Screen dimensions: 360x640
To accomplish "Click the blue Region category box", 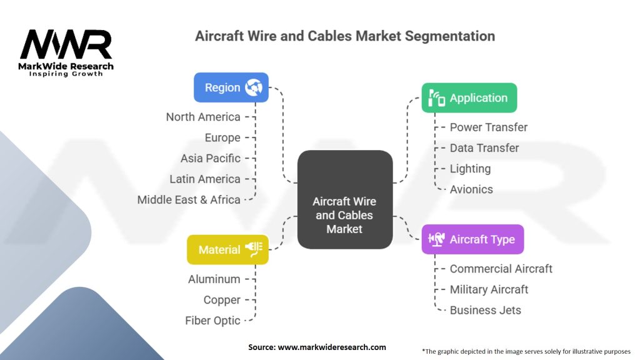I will coord(231,87).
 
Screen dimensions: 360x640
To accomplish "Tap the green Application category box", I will coord(469,98).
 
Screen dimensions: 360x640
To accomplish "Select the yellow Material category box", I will coord(227,249).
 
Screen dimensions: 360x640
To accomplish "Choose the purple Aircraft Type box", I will coord(472,239).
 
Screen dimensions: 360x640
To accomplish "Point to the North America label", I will coord(203,117).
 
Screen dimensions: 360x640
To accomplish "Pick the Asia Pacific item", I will coord(211,158).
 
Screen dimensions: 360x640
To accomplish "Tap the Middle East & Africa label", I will coord(189,199).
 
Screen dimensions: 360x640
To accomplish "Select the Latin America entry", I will coord(205,179).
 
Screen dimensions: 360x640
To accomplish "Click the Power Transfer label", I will coord(489,127).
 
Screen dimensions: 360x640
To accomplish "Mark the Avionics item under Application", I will coord(471,189).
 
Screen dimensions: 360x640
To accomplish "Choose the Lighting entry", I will coord(470,169).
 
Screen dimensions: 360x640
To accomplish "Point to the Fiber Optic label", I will coord(212,321).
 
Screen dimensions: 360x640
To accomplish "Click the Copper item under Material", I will coord(222,300).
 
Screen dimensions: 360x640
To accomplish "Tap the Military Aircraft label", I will coord(489,289).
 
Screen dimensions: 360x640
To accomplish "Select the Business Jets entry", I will coord(485,310).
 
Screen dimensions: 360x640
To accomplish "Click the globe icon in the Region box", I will coord(254,87).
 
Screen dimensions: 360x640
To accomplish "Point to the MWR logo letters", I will coord(66,44).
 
